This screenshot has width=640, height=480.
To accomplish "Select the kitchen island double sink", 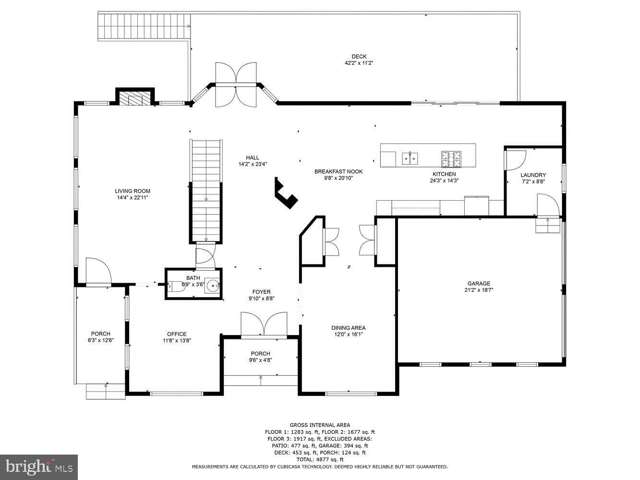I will point(410,157).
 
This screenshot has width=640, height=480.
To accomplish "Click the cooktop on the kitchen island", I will point(451,156).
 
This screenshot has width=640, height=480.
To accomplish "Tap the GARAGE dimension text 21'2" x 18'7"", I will point(479,290).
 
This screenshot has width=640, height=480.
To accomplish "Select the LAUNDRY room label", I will point(533,175).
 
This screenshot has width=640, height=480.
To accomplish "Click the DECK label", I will point(359,57).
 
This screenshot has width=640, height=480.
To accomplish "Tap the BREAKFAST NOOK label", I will point(338,171).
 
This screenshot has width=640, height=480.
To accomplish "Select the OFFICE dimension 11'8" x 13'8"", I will point(177,341).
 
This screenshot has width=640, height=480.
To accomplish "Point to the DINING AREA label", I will point(348,328).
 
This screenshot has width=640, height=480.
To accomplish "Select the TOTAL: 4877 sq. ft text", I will point(320,459).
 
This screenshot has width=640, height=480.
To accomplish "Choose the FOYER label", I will point(262,292).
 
